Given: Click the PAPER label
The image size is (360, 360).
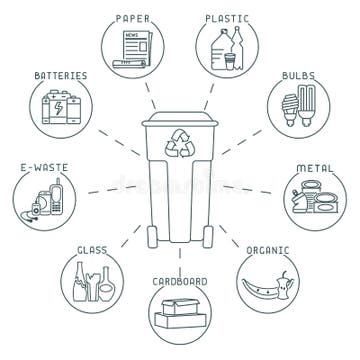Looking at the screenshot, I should click(133, 17).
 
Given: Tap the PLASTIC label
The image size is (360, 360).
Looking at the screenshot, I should click(227, 17).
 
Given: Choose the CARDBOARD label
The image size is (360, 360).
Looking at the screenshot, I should click(180, 280).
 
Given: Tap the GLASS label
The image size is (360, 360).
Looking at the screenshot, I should click(93, 250).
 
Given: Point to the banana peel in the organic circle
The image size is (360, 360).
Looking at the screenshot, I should click(262, 290).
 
